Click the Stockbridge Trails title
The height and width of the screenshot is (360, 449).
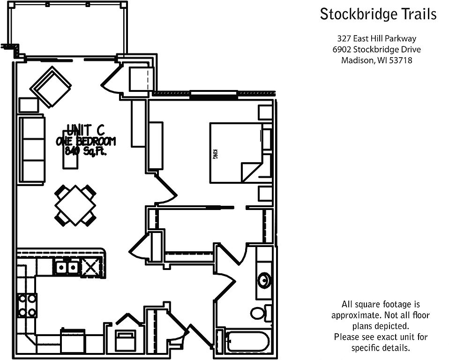coord(378,14)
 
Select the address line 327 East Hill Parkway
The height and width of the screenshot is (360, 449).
coord(376,38)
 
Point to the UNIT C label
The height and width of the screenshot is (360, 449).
coord(85,130)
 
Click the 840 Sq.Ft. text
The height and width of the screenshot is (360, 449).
coord(86,150)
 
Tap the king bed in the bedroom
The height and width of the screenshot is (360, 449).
coord(236,153)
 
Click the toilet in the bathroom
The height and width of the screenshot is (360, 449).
coord(261,313)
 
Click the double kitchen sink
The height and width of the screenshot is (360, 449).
coord(67,268)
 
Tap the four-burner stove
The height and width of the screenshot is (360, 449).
coord(27,306)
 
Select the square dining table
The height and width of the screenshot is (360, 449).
coord(75,205)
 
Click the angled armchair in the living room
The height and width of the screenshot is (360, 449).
coord(51,87)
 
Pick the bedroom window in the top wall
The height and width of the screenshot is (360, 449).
coord(214,95)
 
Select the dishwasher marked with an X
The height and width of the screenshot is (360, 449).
coord(90,268)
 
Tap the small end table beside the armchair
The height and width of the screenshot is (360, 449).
coord(29,105)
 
